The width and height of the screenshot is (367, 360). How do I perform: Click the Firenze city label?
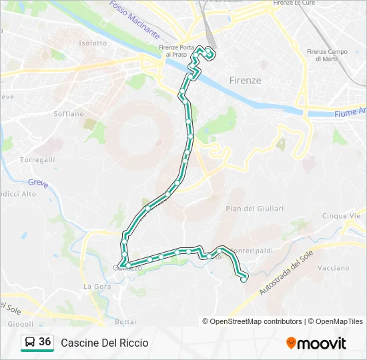click(x=245, y=80)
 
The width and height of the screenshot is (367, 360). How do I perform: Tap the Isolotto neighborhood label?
click(x=93, y=43)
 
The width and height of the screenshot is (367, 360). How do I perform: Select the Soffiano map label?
click(x=69, y=113)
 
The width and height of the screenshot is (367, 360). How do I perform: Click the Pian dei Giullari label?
click(x=255, y=209)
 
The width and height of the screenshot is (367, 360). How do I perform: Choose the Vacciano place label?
click(x=334, y=267)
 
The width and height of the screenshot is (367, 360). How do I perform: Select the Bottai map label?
click(x=125, y=321)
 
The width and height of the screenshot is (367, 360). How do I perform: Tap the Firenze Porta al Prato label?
click(x=177, y=51)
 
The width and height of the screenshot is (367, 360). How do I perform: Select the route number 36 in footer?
click(x=45, y=342)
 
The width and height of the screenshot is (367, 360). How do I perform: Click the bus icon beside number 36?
click(x=30, y=343)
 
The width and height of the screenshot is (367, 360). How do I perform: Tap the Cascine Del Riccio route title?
click(x=105, y=343)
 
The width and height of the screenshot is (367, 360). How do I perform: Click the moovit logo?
click(x=316, y=343)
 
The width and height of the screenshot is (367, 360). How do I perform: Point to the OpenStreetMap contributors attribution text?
click(x=252, y=321)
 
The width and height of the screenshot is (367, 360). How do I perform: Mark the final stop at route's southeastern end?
click(x=244, y=279)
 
